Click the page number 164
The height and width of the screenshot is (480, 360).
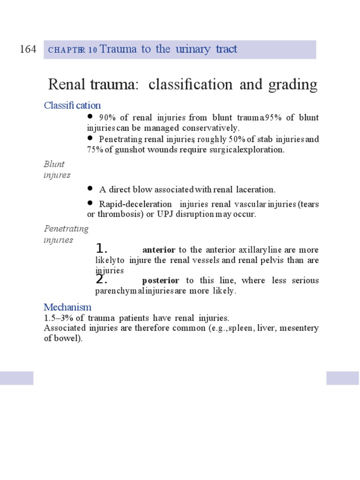[x=28, y=49]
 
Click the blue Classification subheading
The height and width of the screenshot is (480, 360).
[x=72, y=105]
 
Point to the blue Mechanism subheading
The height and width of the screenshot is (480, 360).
[x=67, y=307]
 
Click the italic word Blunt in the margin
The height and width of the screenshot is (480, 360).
[x=54, y=164]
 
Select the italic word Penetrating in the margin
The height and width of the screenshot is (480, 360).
[x=66, y=229]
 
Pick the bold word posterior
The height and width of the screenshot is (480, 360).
[x=160, y=280]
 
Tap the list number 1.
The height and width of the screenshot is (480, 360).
[x=102, y=248]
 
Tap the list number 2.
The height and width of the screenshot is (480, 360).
[x=102, y=279]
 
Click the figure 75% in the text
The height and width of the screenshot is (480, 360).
[x=95, y=150]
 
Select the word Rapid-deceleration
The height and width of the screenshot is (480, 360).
[x=135, y=205]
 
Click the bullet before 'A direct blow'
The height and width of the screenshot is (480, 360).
[x=90, y=188]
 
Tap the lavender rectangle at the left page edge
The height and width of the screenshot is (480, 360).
[x=16, y=378]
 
